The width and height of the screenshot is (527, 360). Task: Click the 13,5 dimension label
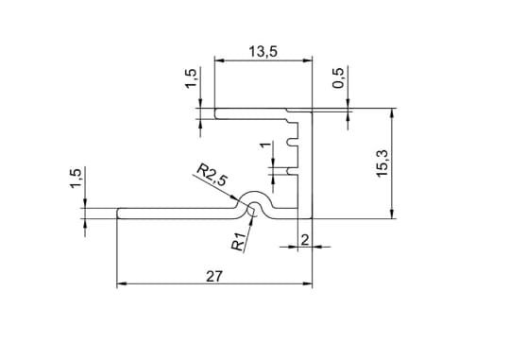point(263,52)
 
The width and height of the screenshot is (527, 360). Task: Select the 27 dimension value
point(214,277)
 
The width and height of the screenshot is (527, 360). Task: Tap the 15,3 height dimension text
point(382,163)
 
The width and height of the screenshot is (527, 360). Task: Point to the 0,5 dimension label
point(338,78)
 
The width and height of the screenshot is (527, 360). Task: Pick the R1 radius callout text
point(239,241)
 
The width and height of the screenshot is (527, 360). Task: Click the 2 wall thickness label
point(305,240)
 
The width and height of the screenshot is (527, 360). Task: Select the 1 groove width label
point(265,145)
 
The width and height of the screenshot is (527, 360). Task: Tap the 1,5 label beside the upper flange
point(191,78)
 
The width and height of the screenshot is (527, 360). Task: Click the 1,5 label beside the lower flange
point(76,179)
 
